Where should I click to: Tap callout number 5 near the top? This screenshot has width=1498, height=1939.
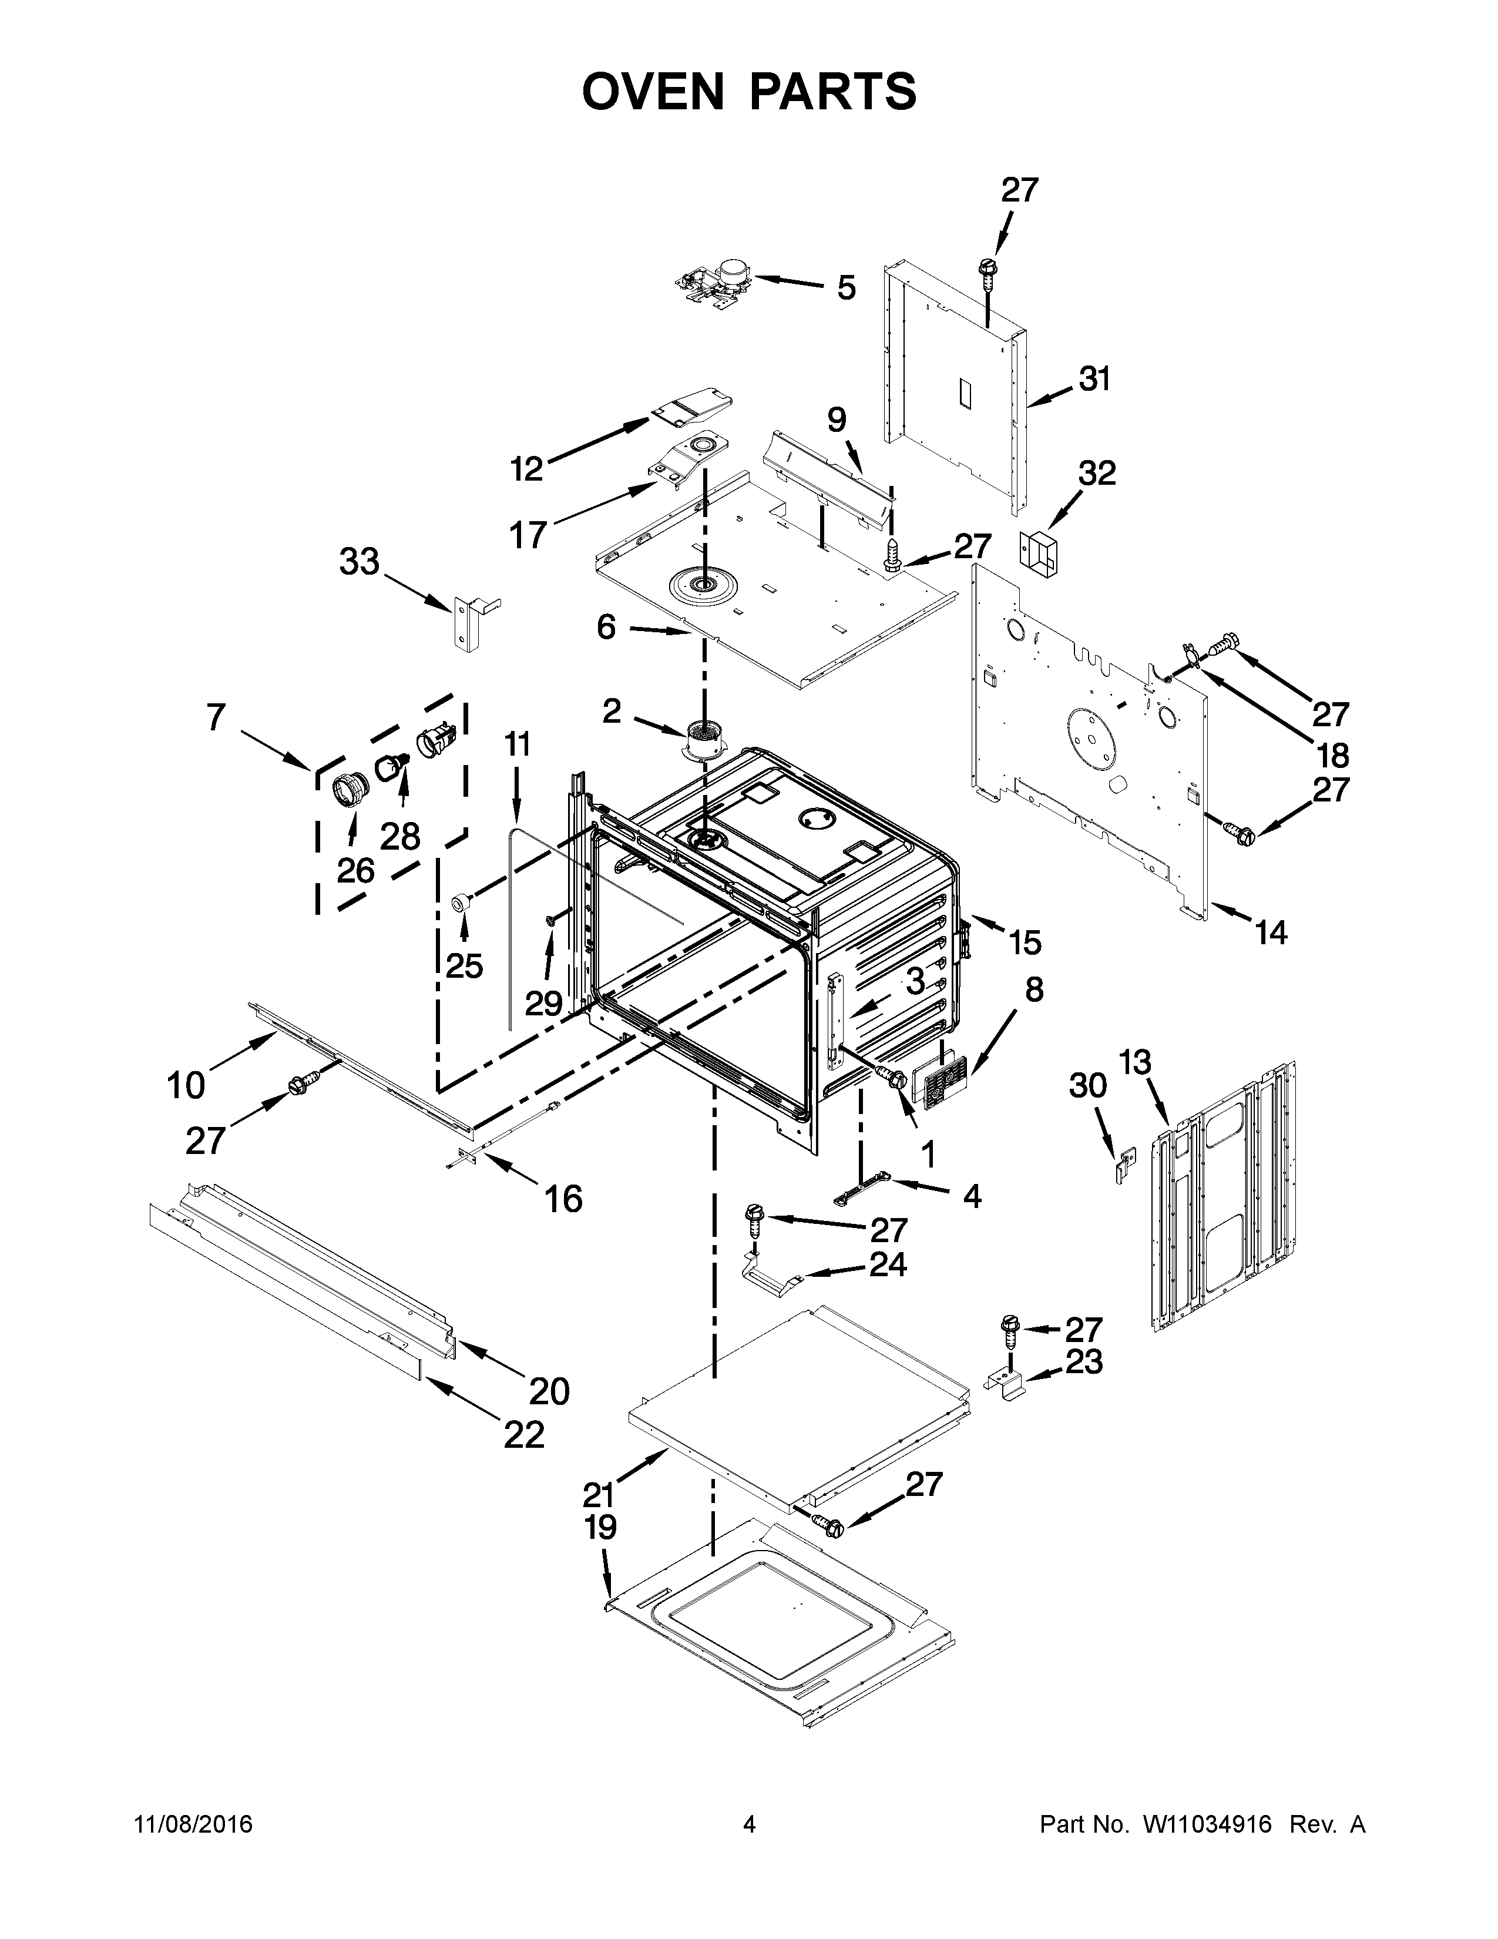click(846, 288)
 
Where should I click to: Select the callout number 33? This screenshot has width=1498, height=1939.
click(360, 561)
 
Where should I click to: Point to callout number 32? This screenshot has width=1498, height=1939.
click(1096, 473)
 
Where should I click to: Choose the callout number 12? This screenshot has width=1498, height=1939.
click(526, 468)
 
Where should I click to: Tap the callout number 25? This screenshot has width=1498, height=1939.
click(463, 965)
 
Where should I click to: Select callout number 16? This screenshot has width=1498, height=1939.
click(563, 1199)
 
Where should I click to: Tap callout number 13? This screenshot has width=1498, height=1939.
click(1134, 1062)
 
